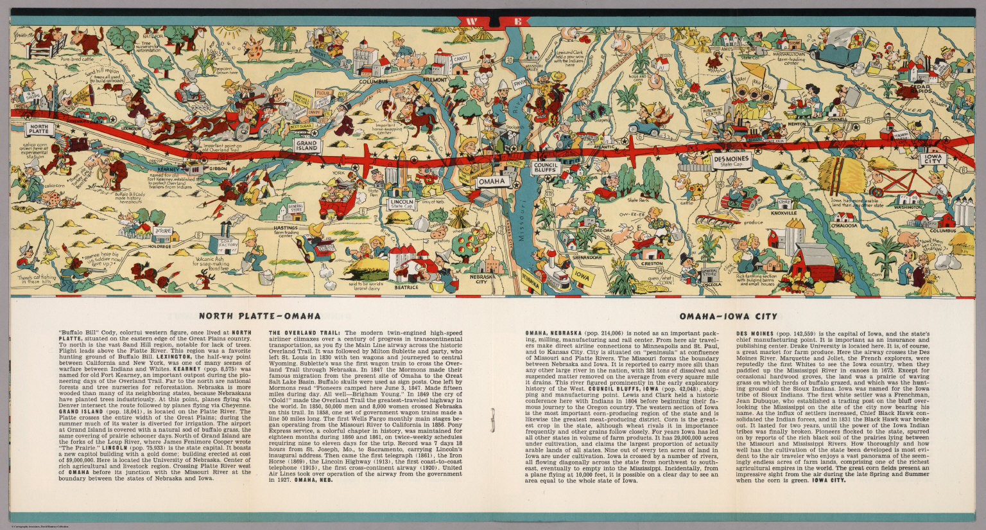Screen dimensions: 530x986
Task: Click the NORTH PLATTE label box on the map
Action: [39, 128]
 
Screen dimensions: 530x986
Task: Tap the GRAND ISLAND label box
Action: [307, 145]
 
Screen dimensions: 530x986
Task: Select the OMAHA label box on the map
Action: [492, 182]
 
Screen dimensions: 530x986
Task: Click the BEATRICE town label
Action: [406, 287]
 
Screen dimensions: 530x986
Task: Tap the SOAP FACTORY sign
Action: [229, 243]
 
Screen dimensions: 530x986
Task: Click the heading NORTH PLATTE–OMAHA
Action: [259, 316]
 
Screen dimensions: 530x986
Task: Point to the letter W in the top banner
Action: [472, 21]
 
